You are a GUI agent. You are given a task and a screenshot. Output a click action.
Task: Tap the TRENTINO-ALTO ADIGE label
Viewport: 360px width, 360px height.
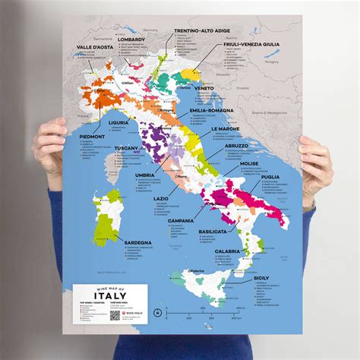point(202,31)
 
